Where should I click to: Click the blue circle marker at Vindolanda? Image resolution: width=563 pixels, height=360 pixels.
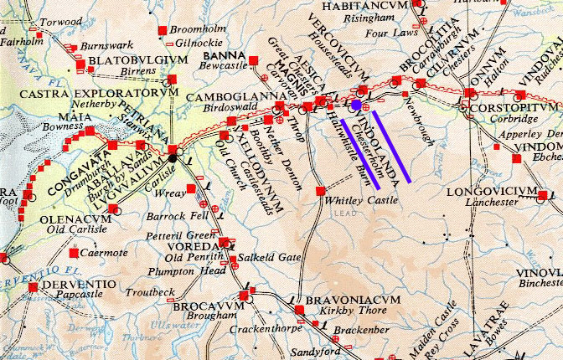[x=356, y=105]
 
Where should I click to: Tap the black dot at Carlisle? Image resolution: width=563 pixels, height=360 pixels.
[x=173, y=157]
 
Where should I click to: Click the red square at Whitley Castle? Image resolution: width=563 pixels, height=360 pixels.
[x=319, y=192]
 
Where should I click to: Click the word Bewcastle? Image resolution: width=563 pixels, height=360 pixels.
[x=226, y=64]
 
